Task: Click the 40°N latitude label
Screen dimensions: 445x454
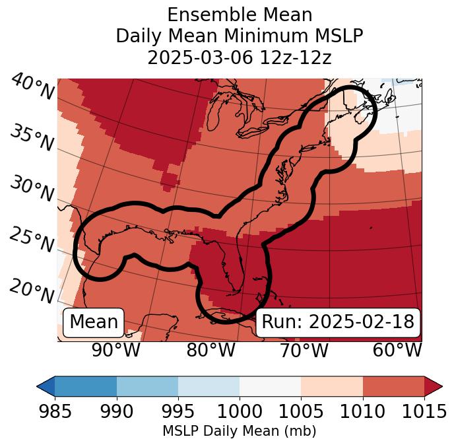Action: [32, 87]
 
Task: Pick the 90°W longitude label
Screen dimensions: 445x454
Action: [116, 350]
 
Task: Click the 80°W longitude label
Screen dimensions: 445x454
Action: [211, 350]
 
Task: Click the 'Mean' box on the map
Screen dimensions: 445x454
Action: [94, 322]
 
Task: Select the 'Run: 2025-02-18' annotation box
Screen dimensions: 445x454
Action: [338, 322]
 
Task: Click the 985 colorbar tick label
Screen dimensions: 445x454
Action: [55, 411]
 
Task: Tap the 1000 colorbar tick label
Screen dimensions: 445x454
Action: [240, 411]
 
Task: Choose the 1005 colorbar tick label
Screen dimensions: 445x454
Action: [301, 411]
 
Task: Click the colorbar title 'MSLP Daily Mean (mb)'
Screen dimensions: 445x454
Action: [240, 431]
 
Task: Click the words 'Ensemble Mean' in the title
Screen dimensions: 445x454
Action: [240, 15]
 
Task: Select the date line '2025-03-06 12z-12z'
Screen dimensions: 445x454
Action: [240, 57]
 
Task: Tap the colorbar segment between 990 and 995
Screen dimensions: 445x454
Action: [147, 386]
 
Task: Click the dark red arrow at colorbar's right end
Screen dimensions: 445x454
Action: [433, 386]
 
